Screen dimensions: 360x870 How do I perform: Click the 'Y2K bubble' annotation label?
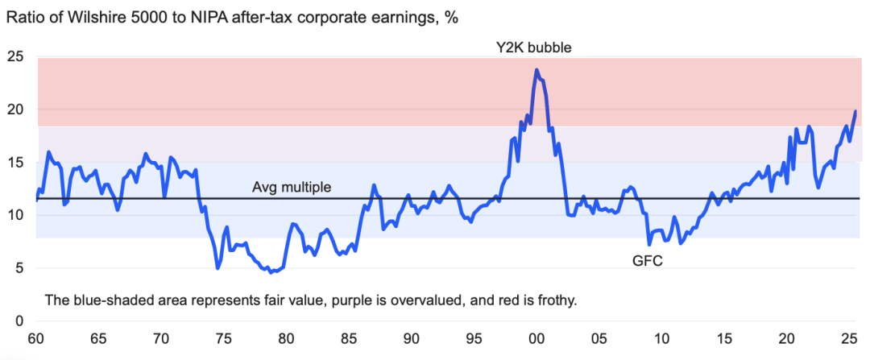pyautogui.click(x=533, y=47)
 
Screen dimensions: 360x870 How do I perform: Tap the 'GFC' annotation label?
pyautogui.click(x=647, y=261)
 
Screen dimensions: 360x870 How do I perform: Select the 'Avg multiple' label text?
pyautogui.click(x=292, y=188)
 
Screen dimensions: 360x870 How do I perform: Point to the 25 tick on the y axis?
pyautogui.click(x=16, y=57)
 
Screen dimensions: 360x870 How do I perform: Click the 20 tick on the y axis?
pyautogui.click(x=16, y=110)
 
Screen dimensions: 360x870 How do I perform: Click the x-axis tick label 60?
pyautogui.click(x=35, y=338)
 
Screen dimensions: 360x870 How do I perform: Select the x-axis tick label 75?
pyautogui.click(x=223, y=338)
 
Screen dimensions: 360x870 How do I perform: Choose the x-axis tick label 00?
pyautogui.click(x=536, y=338)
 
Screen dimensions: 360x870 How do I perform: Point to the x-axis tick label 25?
pyautogui.click(x=849, y=338)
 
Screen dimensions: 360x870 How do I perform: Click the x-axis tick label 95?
pyautogui.click(x=474, y=338)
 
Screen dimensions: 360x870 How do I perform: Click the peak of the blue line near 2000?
pyautogui.click(x=536, y=70)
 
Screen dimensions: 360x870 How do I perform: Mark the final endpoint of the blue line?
pyautogui.click(x=855, y=111)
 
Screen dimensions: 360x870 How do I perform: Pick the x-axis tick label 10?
pyautogui.click(x=661, y=338)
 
